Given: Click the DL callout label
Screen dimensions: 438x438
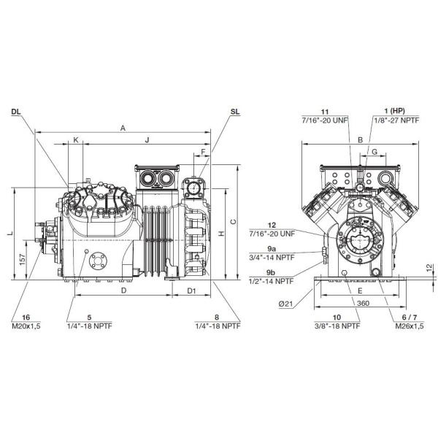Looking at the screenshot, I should coord(16,112).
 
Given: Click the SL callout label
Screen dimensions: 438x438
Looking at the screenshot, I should coord(234,112).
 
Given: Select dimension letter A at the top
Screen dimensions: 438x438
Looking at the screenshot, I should coord(123,128).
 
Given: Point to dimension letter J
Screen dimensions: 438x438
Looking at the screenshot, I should coord(147,139).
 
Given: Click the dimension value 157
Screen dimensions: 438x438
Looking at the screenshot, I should coord(23,259).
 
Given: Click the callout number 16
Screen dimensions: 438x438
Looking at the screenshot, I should coord(26,317).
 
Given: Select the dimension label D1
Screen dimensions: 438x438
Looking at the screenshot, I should coord(191,291).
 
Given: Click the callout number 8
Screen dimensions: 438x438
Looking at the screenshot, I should coord(217,317).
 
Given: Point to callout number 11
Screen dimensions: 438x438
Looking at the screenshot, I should coord(326,109).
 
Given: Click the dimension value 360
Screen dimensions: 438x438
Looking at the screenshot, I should coord(363,302).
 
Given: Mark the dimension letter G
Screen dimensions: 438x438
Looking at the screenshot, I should coord(374,151).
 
